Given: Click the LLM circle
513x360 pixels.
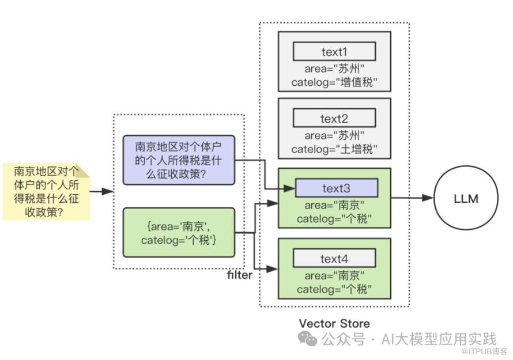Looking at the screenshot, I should (466, 199).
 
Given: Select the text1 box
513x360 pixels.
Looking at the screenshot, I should (334, 52).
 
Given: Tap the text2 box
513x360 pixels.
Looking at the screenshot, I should (334, 119).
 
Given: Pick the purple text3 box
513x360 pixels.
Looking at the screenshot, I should (336, 188).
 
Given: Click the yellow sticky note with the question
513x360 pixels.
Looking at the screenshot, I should (46, 191).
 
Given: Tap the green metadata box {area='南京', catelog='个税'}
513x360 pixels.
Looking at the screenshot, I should (178, 232).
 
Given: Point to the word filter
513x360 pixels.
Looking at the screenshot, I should (240, 275).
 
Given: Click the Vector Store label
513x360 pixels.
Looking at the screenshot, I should (334, 323).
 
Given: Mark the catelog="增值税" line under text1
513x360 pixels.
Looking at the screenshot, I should (334, 83).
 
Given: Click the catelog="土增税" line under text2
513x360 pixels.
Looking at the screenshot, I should (334, 150).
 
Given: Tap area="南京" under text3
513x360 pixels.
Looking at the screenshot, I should (334, 206).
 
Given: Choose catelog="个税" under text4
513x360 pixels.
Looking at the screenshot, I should (334, 289).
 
